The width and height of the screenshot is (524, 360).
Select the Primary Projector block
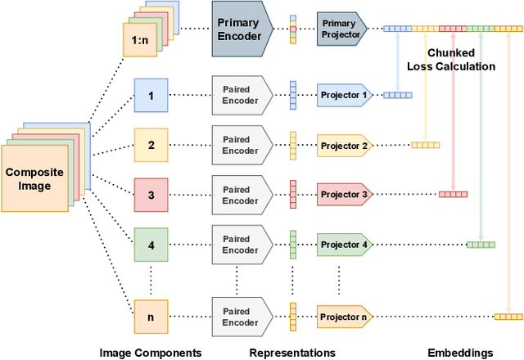[x=341, y=29]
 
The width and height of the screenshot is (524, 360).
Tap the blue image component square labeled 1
[x=150, y=96]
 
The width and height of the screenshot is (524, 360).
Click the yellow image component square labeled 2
[x=150, y=146]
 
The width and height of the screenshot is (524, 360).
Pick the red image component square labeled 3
[x=150, y=195]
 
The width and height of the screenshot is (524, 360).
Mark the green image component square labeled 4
[x=150, y=245]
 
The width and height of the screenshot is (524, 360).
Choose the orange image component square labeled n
[x=150, y=316]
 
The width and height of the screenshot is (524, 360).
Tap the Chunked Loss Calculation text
[x=453, y=60]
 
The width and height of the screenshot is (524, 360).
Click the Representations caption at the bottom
[x=292, y=352]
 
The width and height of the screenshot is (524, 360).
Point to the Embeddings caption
[x=461, y=352]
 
